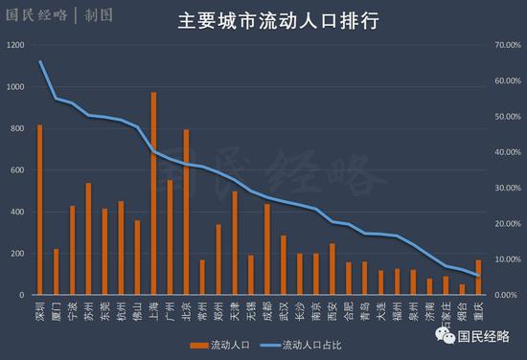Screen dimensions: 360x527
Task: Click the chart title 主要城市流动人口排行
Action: (x=263, y=21)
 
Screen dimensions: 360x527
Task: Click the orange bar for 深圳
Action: (x=39, y=210)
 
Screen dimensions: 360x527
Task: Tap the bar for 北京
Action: (x=186, y=212)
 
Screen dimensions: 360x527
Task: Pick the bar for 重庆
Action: (x=478, y=278)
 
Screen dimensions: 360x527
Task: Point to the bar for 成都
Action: (x=267, y=249)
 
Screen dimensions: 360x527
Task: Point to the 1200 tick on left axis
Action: (x=16, y=45)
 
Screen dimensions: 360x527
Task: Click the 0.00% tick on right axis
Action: (x=505, y=295)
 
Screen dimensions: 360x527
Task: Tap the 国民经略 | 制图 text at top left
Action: (x=59, y=15)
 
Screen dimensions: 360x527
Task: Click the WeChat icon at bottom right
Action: (x=441, y=335)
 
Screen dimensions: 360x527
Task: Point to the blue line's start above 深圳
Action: (x=39, y=61)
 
